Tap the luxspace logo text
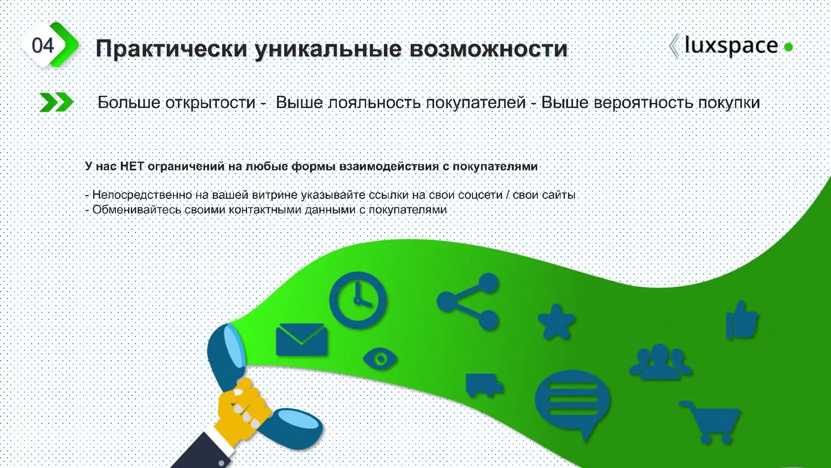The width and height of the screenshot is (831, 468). click(731, 45)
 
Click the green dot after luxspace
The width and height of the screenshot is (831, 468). click(788, 47)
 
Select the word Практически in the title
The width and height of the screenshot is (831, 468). click(171, 48)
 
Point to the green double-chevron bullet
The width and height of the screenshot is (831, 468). click(57, 102)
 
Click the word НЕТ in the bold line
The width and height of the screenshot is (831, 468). click(132, 166)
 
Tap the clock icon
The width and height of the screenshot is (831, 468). click(358, 300)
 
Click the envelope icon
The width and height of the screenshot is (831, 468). click(301, 339)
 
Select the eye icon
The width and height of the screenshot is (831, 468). click(380, 359)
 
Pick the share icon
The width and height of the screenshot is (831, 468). click(468, 302)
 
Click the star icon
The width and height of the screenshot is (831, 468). click(556, 322)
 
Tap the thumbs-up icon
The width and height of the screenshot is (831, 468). click(742, 320)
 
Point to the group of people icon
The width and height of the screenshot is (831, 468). click(661, 362)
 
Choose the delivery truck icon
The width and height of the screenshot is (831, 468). click(484, 385)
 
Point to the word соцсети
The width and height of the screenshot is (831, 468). click(480, 195)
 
